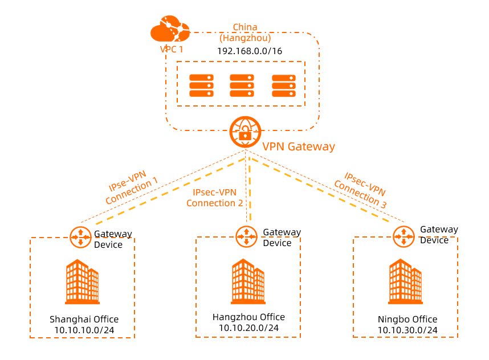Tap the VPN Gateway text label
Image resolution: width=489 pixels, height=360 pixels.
tap(298, 146)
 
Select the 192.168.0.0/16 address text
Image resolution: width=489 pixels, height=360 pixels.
tap(250, 51)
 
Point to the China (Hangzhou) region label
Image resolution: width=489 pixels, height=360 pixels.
tap(245, 33)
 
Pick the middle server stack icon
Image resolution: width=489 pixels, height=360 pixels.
tap(242, 85)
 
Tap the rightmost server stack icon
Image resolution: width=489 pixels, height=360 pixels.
tap(283, 85)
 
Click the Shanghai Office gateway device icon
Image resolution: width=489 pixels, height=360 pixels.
tap(80, 236)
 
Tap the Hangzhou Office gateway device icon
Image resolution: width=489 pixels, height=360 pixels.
tap(246, 235)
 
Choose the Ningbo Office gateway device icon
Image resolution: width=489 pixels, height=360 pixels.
tap(404, 235)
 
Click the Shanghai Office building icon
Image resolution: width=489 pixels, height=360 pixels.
tap(82, 282)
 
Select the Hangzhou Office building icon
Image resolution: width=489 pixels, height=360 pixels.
tap(248, 283)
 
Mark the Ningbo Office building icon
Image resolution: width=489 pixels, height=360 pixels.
tap(405, 282)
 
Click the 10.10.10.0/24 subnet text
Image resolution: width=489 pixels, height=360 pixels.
tap(84, 329)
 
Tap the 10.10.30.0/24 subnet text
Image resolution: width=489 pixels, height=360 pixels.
tap(407, 330)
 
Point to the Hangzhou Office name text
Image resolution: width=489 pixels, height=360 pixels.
tap(248, 317)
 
